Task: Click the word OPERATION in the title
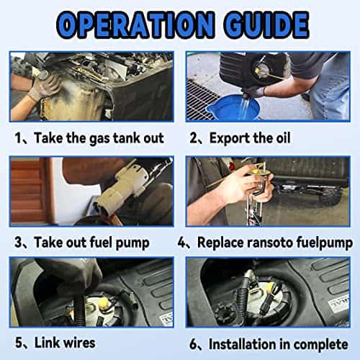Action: click(135, 24)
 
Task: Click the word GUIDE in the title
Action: click(266, 24)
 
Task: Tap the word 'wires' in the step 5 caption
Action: click(79, 343)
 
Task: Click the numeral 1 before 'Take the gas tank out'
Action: click(18, 138)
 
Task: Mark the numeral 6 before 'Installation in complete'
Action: click(193, 344)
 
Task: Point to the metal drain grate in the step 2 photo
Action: click(199, 101)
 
